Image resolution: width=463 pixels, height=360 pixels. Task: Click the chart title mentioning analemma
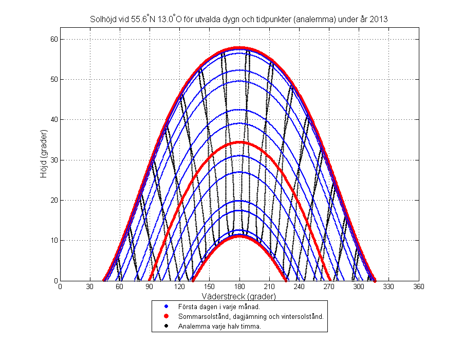pos(239,19)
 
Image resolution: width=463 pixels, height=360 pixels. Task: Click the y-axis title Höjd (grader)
pos(44,160)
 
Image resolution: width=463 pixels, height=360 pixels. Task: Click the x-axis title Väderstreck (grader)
pos(240,297)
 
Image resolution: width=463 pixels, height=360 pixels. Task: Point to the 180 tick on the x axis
pos(240,287)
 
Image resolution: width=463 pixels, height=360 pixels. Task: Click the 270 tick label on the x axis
pos(329,287)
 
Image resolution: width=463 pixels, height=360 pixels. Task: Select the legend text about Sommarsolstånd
pos(251,316)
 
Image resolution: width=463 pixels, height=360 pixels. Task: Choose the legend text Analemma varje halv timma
pos(219,326)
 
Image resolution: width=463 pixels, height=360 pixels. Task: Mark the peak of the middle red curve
pos(239,142)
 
